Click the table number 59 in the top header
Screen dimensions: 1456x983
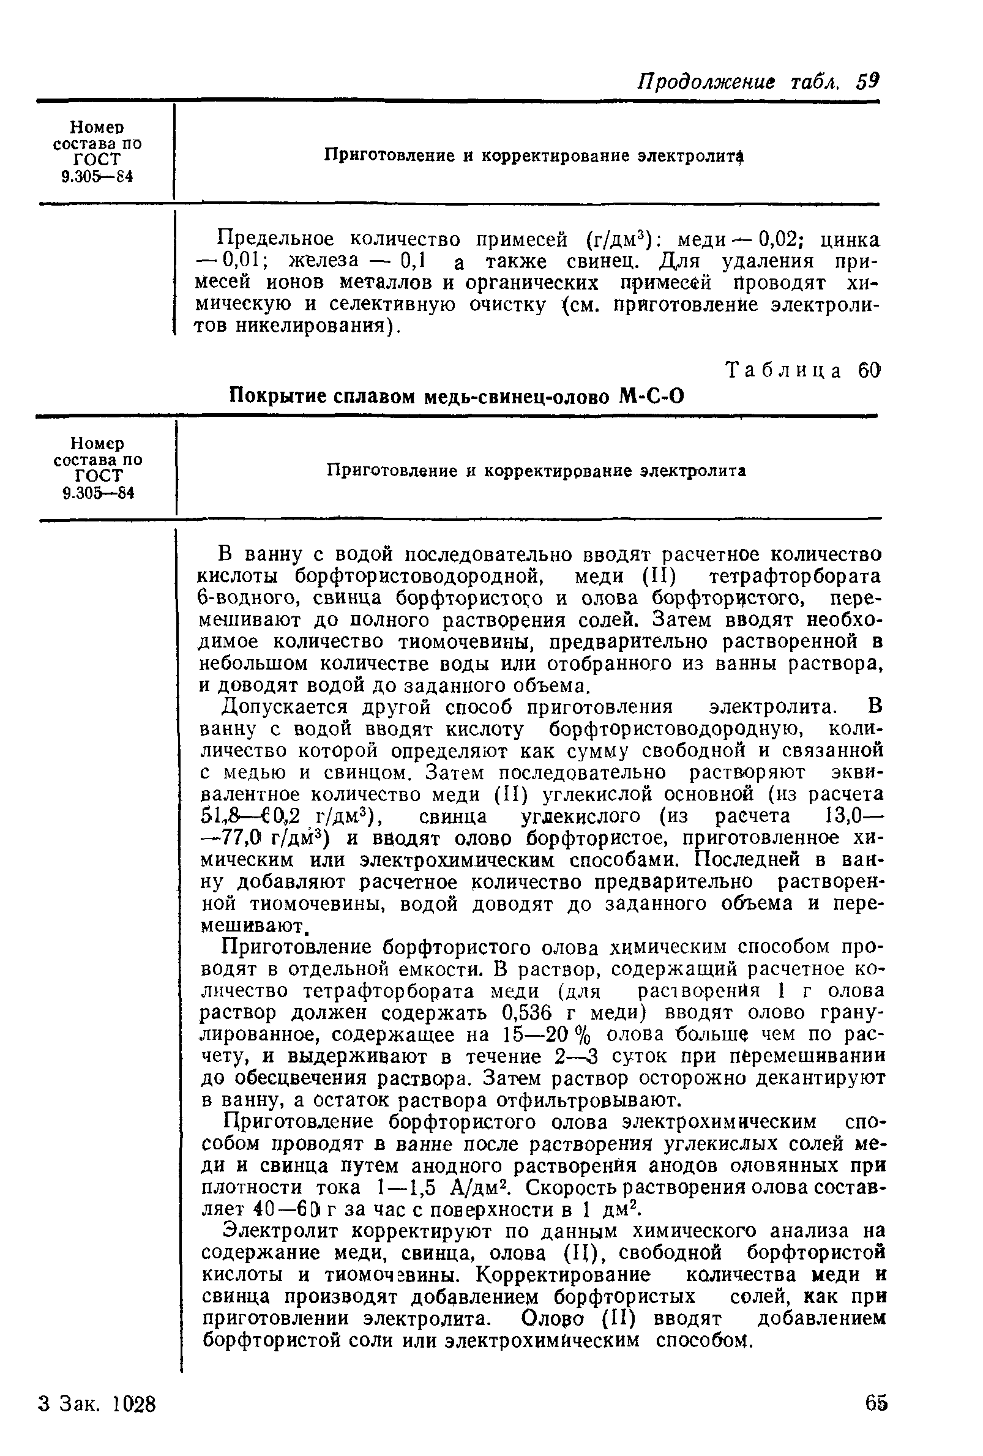(x=869, y=81)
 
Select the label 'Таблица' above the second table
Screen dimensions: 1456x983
(x=783, y=371)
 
